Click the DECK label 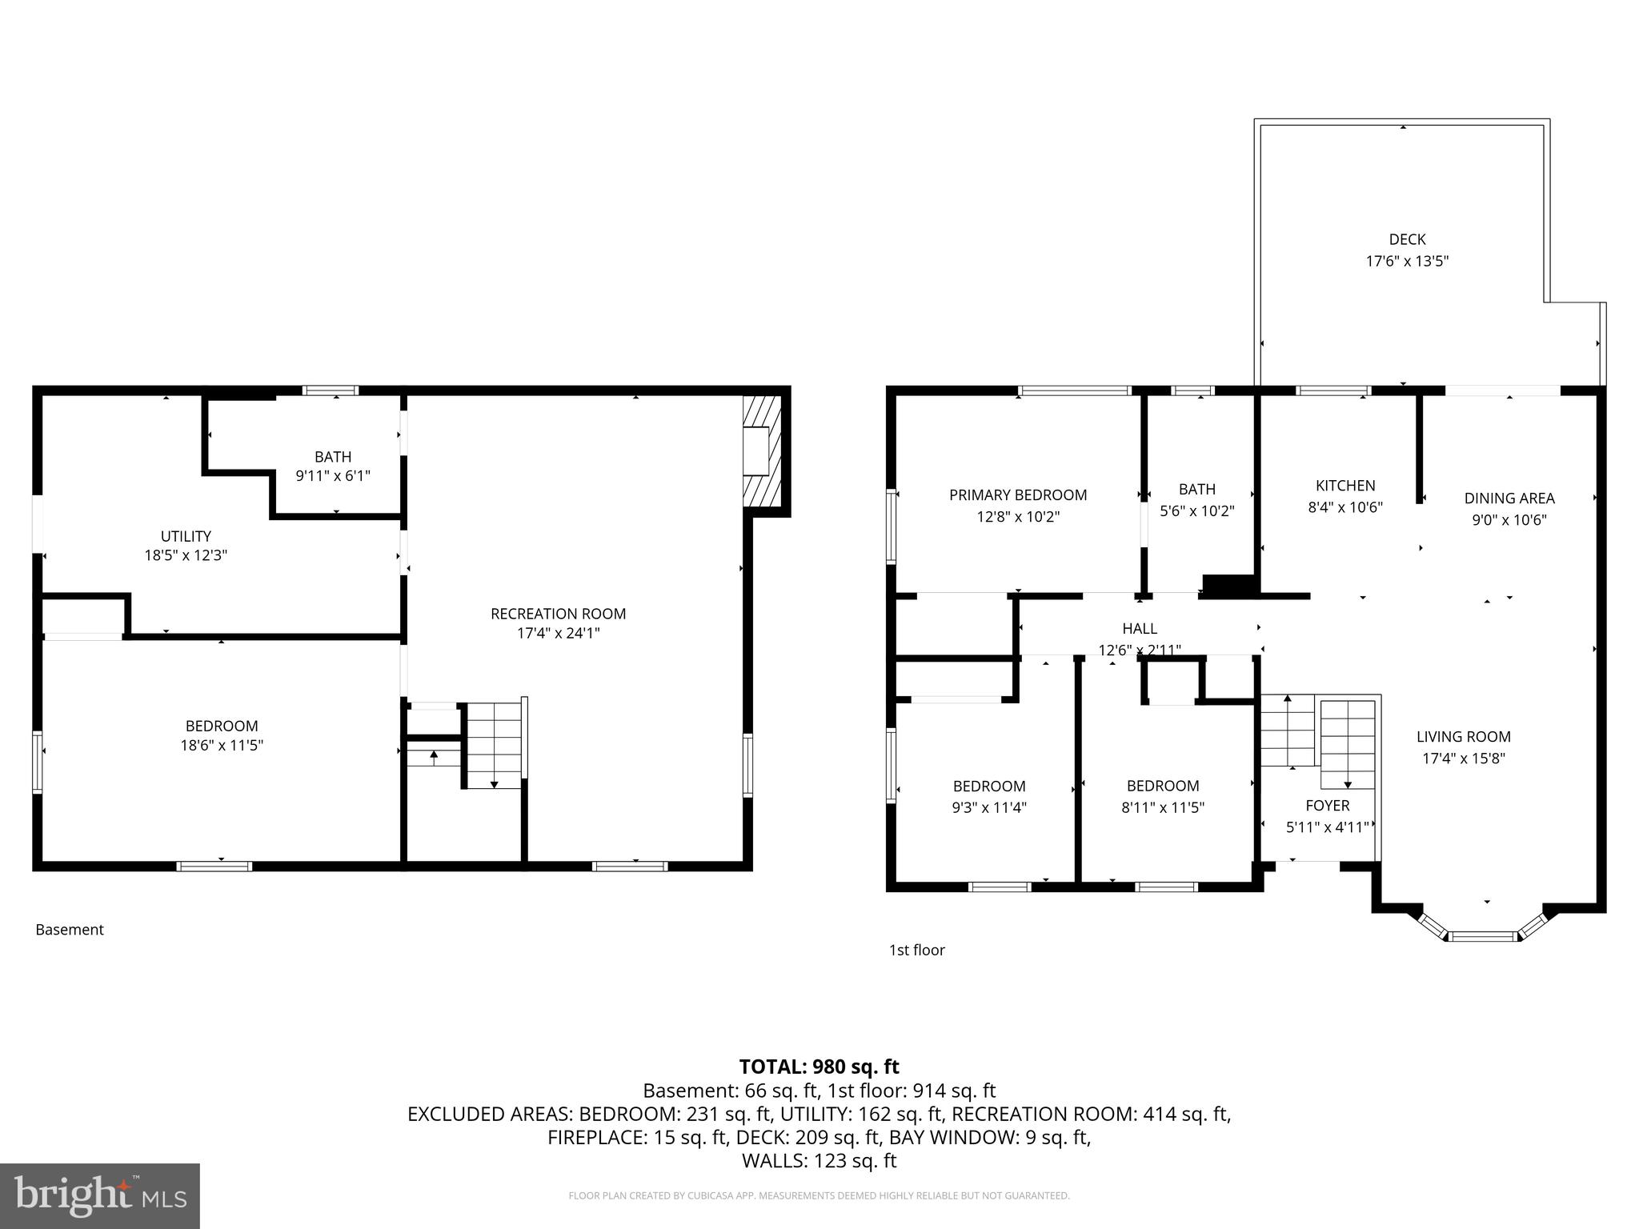coord(1407,239)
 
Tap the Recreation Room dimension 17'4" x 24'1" coord(558,633)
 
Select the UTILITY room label coord(186,536)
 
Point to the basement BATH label coord(333,457)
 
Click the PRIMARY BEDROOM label coord(1018,495)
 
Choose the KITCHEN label coord(1345,486)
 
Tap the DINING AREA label coord(1509,498)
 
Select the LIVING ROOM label coord(1464,737)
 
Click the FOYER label coord(1327,806)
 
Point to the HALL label coord(1140,629)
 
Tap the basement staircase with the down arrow coord(494,744)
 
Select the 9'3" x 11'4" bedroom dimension coord(989,808)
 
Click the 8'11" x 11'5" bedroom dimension coord(1163,808)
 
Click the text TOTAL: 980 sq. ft coord(819,1067)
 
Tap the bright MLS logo coord(100,1195)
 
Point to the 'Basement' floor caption coord(70,930)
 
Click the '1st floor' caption coord(916,950)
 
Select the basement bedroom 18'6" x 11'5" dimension coord(222,746)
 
